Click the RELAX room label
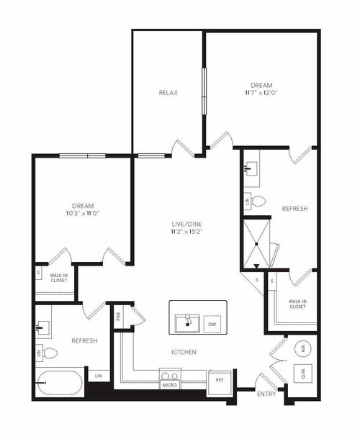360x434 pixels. pos(168,93)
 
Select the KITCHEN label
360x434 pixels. pos(184,352)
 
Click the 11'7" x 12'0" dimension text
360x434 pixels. pos(261,93)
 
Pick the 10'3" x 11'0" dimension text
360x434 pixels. pos(83,214)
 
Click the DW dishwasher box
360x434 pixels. pos(212,325)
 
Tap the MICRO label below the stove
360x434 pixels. pos(170,386)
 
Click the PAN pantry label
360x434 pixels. pos(117,315)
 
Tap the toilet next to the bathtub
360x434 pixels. pos(49,353)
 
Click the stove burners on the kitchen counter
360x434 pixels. pos(170,375)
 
